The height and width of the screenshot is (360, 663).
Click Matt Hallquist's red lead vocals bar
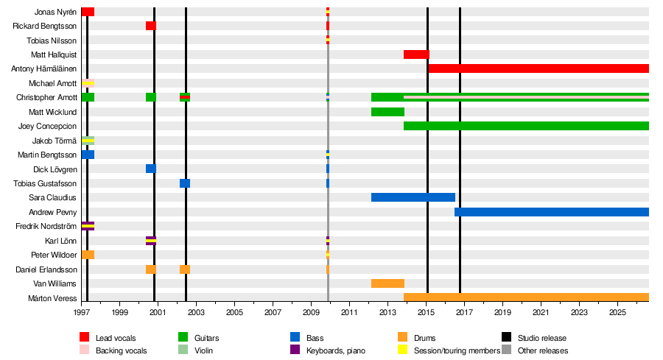point(416,54)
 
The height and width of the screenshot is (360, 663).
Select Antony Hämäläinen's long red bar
point(539,68)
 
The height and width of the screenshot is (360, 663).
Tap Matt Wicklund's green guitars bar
point(387,112)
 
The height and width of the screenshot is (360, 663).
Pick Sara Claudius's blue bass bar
point(413,197)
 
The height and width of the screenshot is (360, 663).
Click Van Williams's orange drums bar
point(387,283)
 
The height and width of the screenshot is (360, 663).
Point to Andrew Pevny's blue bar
point(552,212)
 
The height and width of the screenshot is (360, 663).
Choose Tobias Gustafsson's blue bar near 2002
point(185,183)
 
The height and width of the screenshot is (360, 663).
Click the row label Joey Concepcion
point(47,126)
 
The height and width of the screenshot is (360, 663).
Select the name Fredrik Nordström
point(46,226)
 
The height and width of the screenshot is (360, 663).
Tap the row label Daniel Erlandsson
point(46,269)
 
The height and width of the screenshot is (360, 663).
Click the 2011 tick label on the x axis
point(350,312)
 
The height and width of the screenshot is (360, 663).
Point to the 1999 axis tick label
point(119,312)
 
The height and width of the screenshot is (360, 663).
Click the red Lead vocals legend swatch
point(85,337)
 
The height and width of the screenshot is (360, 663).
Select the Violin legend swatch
point(183,350)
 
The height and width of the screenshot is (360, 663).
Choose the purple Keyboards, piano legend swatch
point(295,350)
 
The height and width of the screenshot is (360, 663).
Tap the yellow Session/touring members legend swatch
point(402,350)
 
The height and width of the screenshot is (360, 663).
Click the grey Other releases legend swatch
point(507,350)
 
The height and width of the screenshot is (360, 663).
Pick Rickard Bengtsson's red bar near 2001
point(151,26)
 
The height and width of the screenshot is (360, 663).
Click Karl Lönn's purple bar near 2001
point(151,241)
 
